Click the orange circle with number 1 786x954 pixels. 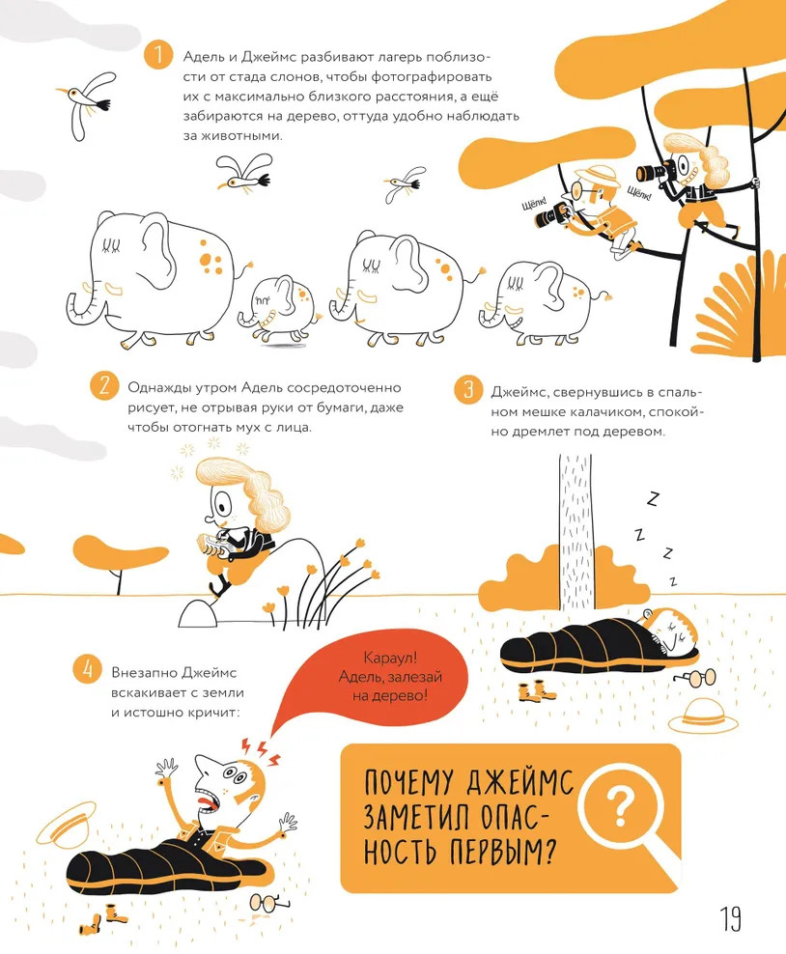click(x=158, y=54)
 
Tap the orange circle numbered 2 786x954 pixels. click(x=104, y=385)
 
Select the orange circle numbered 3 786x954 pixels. click(x=468, y=388)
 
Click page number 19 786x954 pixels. click(x=731, y=918)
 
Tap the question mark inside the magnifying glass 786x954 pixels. click(x=621, y=808)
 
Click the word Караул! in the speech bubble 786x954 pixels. click(x=390, y=658)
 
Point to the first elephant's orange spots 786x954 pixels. click(x=211, y=257)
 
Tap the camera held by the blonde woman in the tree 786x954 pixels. click(x=656, y=171)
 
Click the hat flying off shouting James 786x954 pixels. click(x=67, y=822)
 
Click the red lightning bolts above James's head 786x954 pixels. click(x=261, y=751)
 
